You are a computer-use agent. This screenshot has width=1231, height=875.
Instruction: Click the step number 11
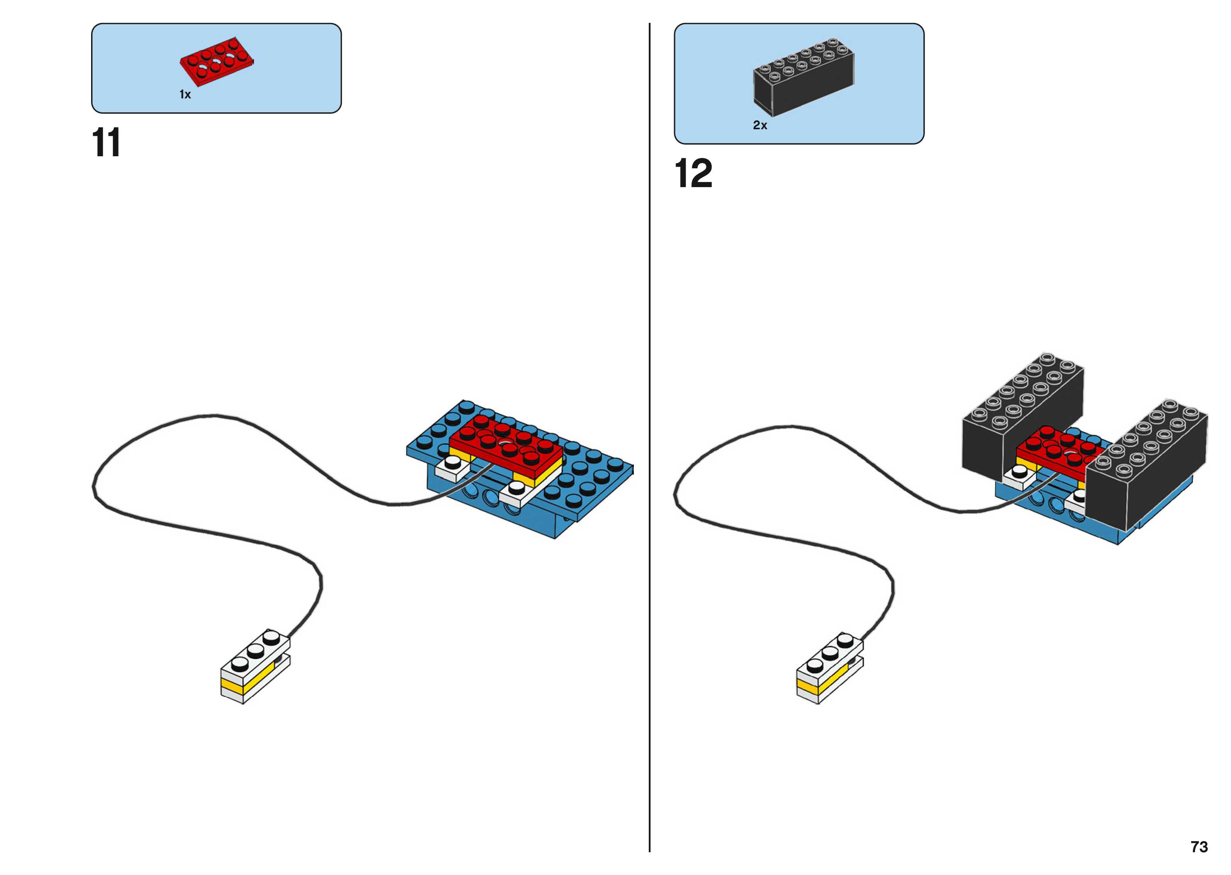tap(106, 143)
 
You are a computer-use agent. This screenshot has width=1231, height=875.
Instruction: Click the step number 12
tap(693, 174)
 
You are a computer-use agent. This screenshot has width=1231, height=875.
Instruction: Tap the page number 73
tap(1199, 846)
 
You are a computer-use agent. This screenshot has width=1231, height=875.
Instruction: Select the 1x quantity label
tap(185, 95)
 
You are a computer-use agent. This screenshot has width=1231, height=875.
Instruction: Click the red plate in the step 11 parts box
tap(217, 64)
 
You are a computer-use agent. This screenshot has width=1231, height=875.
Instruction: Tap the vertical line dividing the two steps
tap(649, 431)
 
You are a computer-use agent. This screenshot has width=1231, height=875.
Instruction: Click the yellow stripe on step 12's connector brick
tap(808, 686)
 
